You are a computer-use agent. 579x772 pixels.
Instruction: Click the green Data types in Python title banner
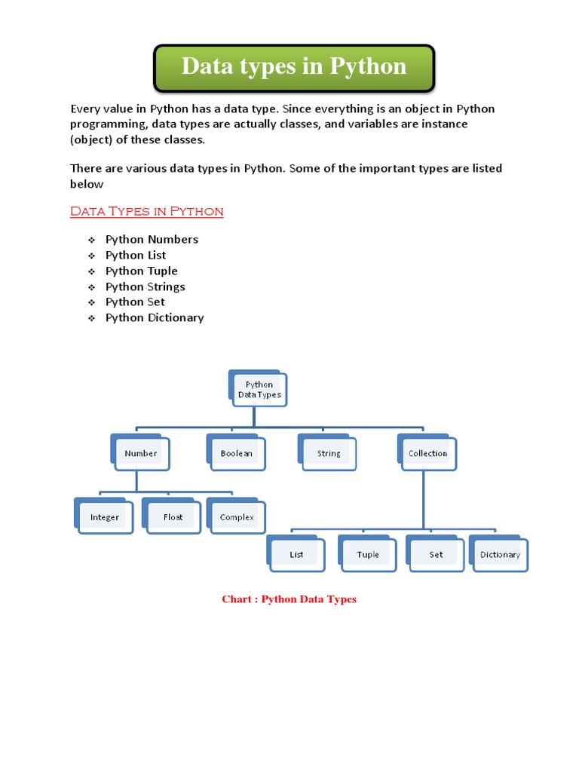click(294, 66)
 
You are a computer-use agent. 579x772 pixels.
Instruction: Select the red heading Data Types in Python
click(147, 211)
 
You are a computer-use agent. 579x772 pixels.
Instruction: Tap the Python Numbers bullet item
click(152, 240)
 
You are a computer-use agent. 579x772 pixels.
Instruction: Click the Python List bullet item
click(136, 256)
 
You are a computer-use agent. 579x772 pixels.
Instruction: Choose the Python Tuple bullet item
click(142, 271)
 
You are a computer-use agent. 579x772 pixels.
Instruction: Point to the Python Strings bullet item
click(145, 286)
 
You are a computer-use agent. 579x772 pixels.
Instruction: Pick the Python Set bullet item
click(135, 302)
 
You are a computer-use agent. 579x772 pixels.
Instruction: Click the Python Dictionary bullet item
click(155, 318)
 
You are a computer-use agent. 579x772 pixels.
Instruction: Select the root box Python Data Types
click(259, 390)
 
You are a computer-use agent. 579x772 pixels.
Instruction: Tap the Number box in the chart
click(141, 454)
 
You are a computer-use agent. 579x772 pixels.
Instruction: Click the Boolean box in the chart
click(236, 454)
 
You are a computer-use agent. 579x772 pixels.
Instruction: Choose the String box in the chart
click(329, 454)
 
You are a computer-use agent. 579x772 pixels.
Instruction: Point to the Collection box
click(427, 454)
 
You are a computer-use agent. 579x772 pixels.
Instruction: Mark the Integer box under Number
click(106, 518)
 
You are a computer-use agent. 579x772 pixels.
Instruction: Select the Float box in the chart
click(173, 518)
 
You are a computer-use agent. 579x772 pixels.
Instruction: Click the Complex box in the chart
click(237, 518)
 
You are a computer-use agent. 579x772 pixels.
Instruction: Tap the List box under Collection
click(297, 555)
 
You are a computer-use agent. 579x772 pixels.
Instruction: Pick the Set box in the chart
click(437, 555)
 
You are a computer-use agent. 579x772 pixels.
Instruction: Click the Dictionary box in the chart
click(500, 555)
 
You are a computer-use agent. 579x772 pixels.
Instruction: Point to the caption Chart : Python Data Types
click(289, 599)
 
